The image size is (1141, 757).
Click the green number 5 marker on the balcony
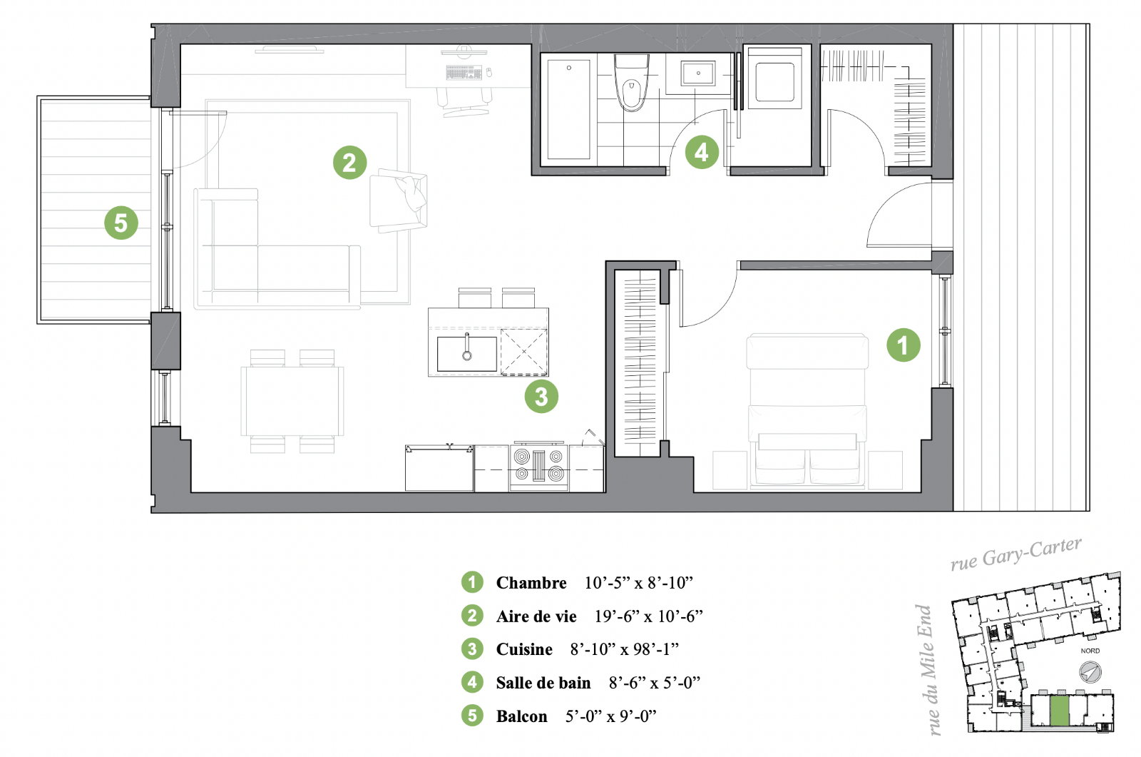pyautogui.click(x=121, y=223)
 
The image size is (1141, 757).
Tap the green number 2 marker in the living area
pyautogui.click(x=350, y=163)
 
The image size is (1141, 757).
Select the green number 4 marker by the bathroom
pyautogui.click(x=702, y=152)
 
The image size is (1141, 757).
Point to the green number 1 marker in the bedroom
pyautogui.click(x=903, y=345)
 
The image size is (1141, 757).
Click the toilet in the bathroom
pyautogui.click(x=632, y=83)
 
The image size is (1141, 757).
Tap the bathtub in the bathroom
pyautogui.click(x=568, y=109)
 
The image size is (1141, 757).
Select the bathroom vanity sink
pyautogui.click(x=698, y=73)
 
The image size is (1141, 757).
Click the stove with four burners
pyautogui.click(x=539, y=466)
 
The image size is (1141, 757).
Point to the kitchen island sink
pyautogui.click(x=466, y=353)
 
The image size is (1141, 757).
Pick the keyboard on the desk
pyautogui.click(x=464, y=72)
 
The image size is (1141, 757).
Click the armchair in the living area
pyautogui.click(x=399, y=200)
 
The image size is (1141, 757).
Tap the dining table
pyautogui.click(x=292, y=401)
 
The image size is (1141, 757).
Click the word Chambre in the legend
pyautogui.click(x=531, y=583)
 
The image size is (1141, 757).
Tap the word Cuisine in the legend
pyautogui.click(x=524, y=649)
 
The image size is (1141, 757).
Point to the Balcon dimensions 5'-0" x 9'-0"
pyautogui.click(x=610, y=716)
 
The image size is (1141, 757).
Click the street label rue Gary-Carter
pyautogui.click(x=1016, y=553)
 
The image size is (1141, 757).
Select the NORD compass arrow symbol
pyautogui.click(x=1090, y=672)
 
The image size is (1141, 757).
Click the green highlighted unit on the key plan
pyautogui.click(x=1060, y=710)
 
